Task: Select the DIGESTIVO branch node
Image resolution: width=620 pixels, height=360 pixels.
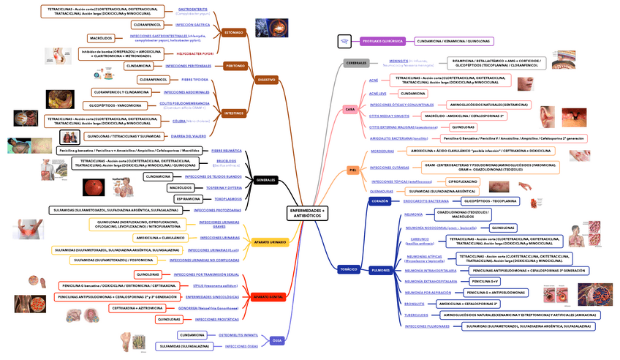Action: tap(267, 79)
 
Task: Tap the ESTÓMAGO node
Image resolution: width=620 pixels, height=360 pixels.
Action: tap(233, 32)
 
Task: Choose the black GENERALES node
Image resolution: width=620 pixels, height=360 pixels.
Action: tap(266, 179)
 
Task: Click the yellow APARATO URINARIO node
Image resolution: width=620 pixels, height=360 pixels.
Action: tap(270, 241)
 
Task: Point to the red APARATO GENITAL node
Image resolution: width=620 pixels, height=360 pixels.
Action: tap(268, 296)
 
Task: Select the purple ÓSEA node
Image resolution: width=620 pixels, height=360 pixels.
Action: tap(276, 340)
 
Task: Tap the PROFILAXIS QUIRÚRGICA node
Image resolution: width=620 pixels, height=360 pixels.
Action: tap(382, 41)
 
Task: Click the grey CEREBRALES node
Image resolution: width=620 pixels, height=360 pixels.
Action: tap(356, 63)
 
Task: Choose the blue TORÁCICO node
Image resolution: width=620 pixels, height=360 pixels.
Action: tap(349, 269)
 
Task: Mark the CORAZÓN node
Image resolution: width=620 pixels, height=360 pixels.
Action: tap(379, 200)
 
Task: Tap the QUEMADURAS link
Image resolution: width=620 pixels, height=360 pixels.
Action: tap(382, 191)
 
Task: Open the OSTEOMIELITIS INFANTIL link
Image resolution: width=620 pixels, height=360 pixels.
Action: tap(238, 334)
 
